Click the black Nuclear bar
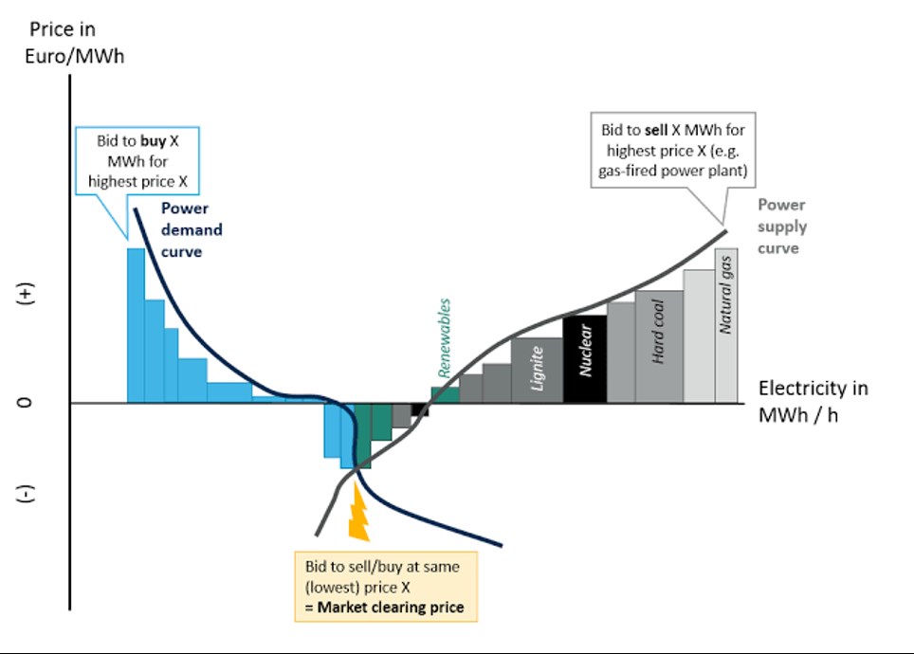point(585,359)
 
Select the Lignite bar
point(537,371)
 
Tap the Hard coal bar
point(659,347)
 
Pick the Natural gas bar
point(726,325)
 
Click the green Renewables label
point(444,338)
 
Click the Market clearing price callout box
point(386,587)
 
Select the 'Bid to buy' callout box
point(137,161)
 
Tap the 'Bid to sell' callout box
point(673,151)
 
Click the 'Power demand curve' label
point(192,229)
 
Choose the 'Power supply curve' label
point(782,227)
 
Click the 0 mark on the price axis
point(24,403)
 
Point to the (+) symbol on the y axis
point(25,294)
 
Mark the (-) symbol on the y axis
point(25,494)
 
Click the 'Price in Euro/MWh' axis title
point(74,43)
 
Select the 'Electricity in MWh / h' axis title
point(813,402)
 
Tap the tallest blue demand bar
point(136,325)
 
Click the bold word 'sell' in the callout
point(656,130)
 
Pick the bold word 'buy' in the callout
point(154,141)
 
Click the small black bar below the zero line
point(420,409)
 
